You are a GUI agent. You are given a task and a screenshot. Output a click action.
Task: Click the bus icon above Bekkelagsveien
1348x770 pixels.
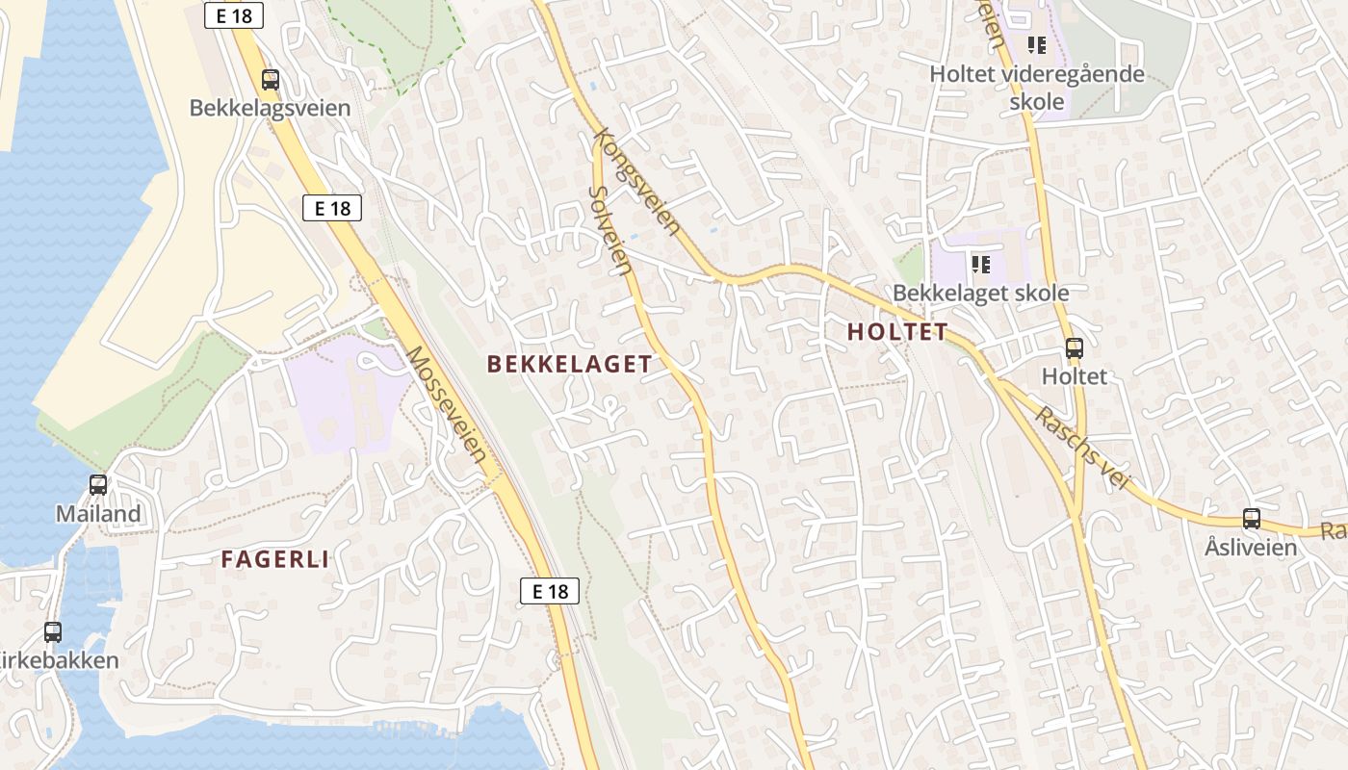[x=271, y=80]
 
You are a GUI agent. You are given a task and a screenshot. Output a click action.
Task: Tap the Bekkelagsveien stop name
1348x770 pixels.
[x=270, y=108]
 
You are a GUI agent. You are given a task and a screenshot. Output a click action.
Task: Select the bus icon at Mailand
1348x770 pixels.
[x=98, y=485]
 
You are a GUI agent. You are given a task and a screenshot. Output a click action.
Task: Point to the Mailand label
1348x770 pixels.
[x=98, y=514]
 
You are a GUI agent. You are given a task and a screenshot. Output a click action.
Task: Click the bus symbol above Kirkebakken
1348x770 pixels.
[x=53, y=632]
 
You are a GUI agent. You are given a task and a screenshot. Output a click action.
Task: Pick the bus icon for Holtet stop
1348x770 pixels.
[x=1075, y=349]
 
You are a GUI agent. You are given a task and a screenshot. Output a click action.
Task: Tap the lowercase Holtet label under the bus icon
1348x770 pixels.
[x=1075, y=376]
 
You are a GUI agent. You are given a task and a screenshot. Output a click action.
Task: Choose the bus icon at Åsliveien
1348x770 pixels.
[x=1251, y=519]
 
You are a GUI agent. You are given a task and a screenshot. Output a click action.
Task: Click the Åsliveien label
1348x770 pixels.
[x=1251, y=548]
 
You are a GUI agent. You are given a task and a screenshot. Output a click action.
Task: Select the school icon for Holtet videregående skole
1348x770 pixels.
[x=1037, y=44]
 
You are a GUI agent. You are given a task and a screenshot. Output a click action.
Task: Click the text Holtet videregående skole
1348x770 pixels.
[x=1037, y=88]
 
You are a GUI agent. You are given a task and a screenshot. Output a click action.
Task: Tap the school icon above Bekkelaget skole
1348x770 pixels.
[x=981, y=264]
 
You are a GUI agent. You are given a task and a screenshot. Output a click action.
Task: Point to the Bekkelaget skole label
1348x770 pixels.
[x=980, y=293]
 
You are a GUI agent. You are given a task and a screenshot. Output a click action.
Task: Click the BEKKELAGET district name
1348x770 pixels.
[x=569, y=364]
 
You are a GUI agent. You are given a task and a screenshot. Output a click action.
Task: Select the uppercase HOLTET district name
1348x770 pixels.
[x=897, y=332]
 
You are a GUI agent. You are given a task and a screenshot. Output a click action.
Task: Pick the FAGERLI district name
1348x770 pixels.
[x=275, y=559]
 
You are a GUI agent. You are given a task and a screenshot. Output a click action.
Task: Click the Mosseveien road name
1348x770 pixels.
[x=447, y=403]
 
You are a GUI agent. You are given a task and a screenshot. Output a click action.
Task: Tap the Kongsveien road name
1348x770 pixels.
[x=638, y=183]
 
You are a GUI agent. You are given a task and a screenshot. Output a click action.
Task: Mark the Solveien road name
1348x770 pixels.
[x=609, y=229]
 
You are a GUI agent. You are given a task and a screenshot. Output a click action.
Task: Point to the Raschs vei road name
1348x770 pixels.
[x=1081, y=449]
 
